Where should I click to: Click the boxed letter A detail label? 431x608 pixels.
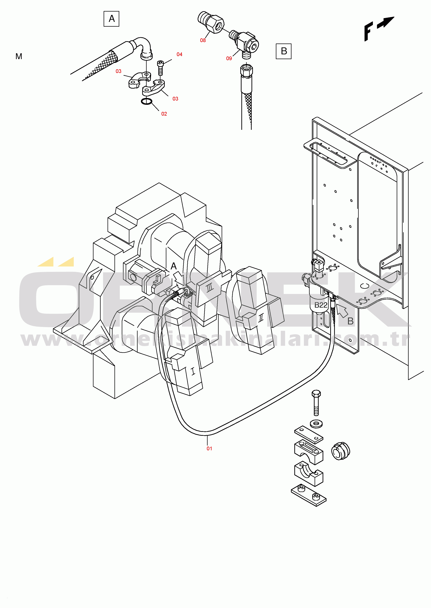111,19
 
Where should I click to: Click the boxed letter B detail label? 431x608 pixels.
283,51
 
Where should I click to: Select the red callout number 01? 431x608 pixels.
209,448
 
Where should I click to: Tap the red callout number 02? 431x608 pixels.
164,114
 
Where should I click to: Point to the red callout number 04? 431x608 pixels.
179,54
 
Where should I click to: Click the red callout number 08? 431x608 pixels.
203,40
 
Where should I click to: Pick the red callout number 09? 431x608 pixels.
229,58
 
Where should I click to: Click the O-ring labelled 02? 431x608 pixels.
146,101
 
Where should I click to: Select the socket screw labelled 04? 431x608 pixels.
160,68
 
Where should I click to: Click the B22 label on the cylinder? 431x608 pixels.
321,305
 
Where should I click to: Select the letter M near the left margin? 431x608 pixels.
19,56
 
